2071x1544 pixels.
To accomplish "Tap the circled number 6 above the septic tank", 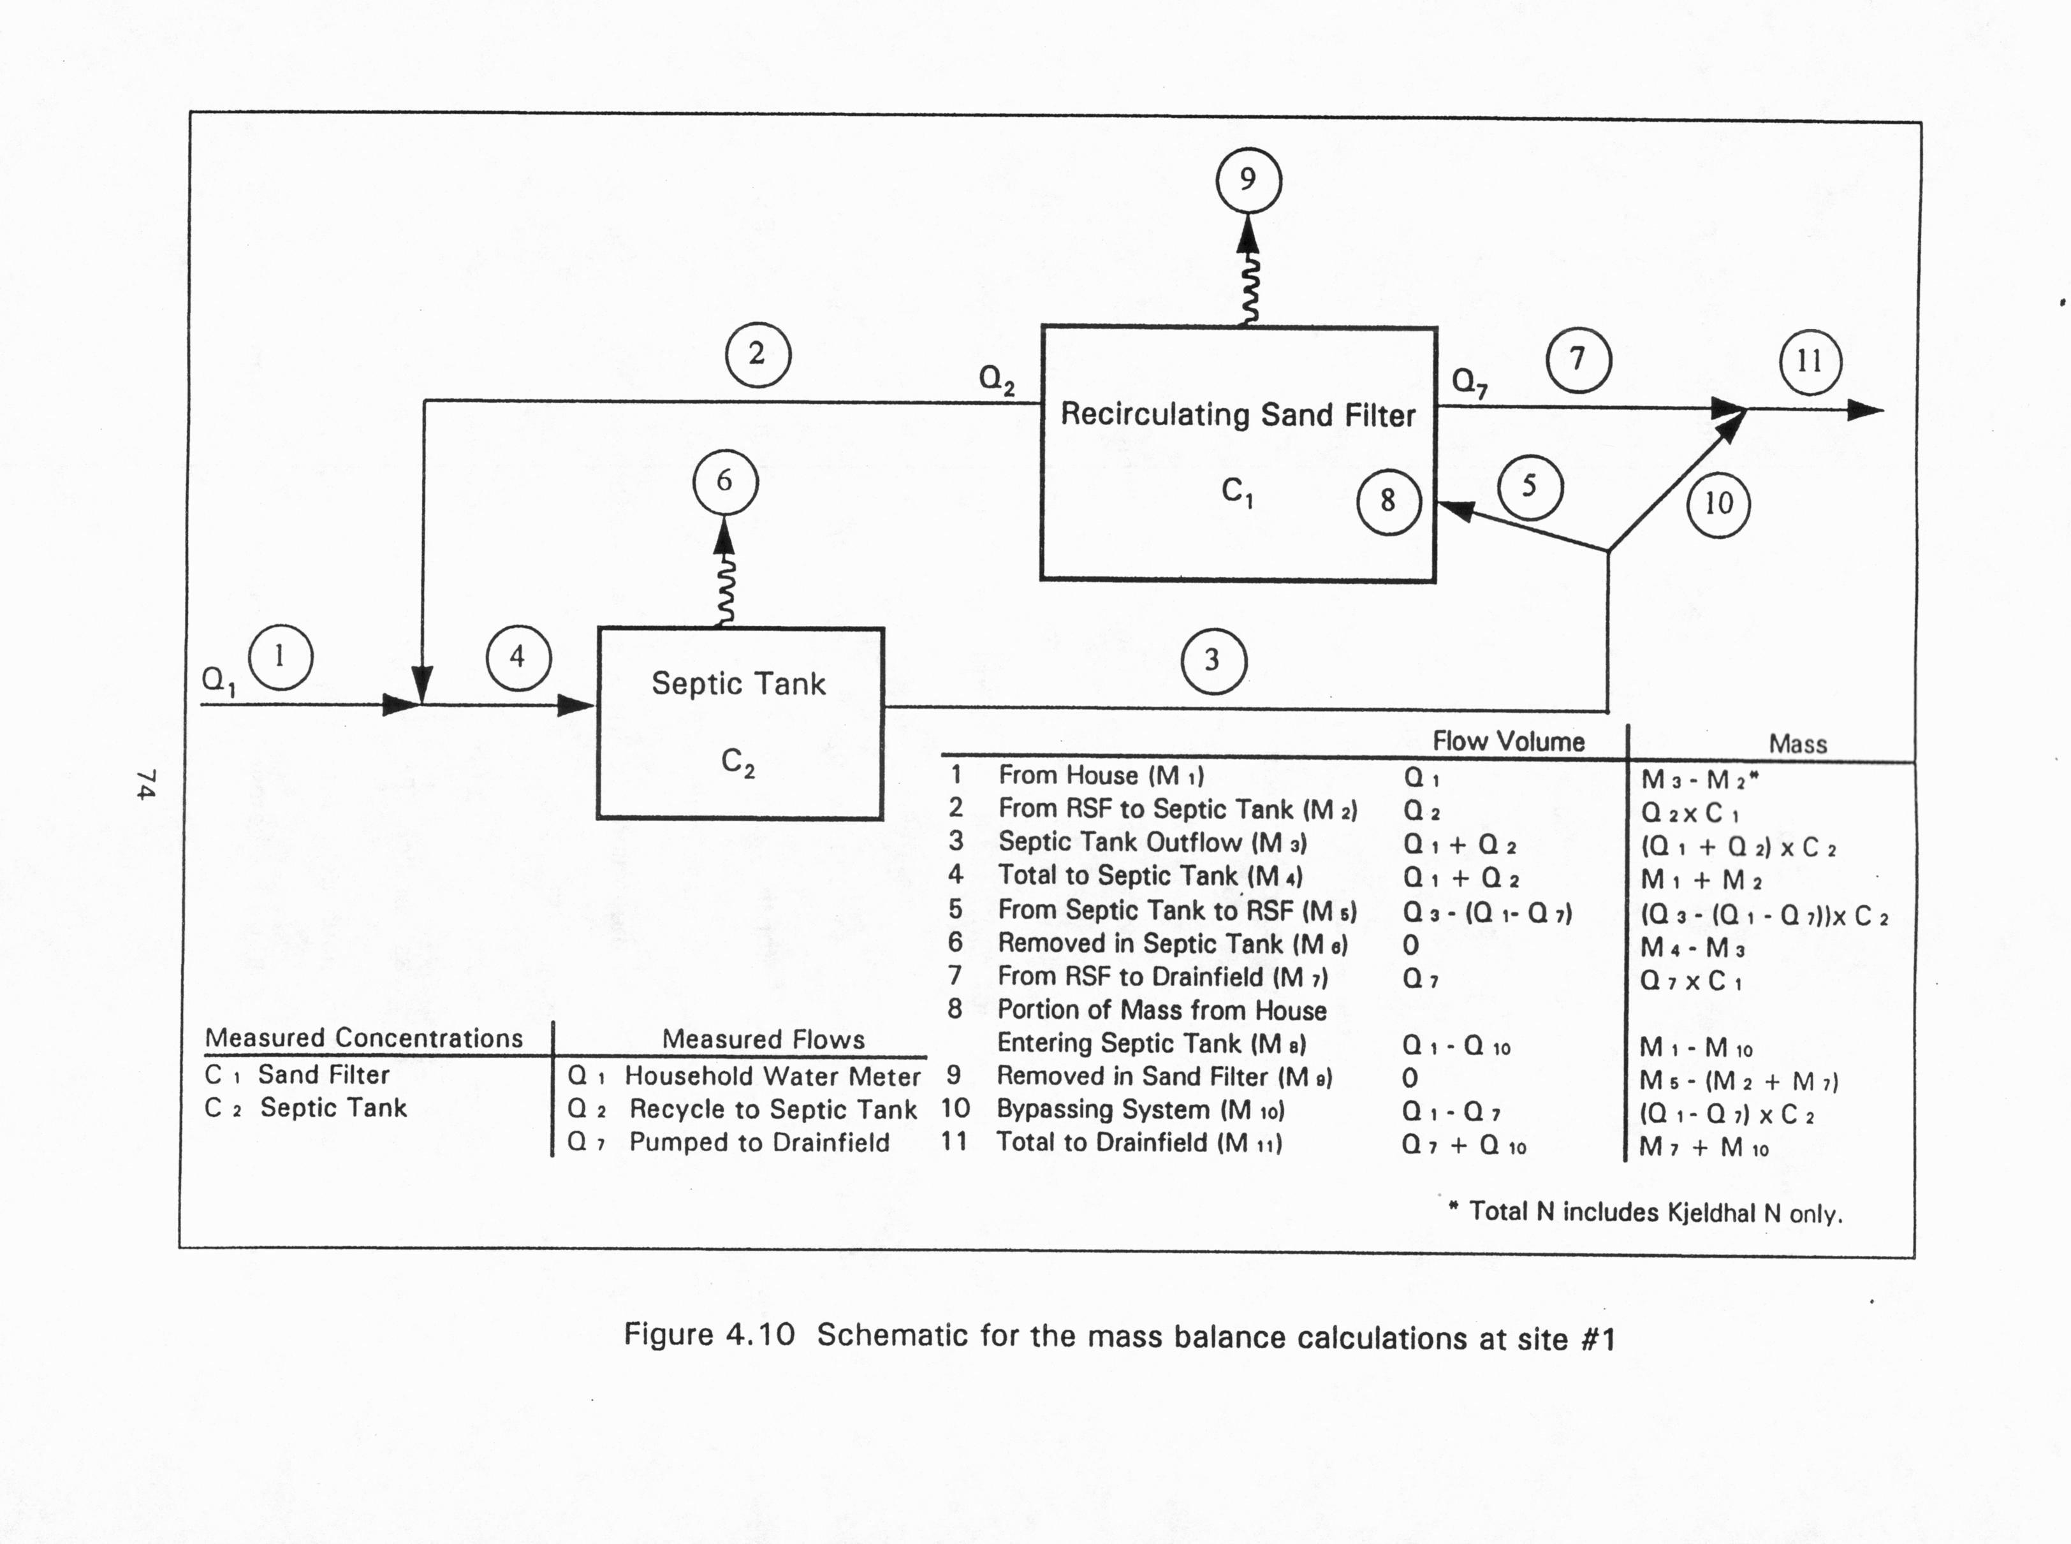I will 725,483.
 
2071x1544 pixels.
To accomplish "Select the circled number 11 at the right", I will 1810,361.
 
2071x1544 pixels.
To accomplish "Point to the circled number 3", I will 1213,661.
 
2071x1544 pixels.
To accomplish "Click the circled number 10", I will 1718,505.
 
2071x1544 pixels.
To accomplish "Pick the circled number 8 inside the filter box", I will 1389,502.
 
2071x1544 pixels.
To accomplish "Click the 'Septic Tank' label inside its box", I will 738,683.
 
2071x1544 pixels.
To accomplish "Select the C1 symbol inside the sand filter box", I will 1236,492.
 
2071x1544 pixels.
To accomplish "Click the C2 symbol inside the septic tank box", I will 737,762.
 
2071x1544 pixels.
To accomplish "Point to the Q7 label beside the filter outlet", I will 1468,381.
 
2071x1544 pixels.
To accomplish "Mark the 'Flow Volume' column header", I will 1509,742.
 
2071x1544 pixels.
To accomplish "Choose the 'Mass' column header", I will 1797,744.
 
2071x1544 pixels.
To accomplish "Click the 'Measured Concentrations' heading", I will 363,1038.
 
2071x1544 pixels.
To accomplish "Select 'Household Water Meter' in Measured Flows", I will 772,1077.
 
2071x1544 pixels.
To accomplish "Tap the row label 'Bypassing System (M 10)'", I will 1140,1111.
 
